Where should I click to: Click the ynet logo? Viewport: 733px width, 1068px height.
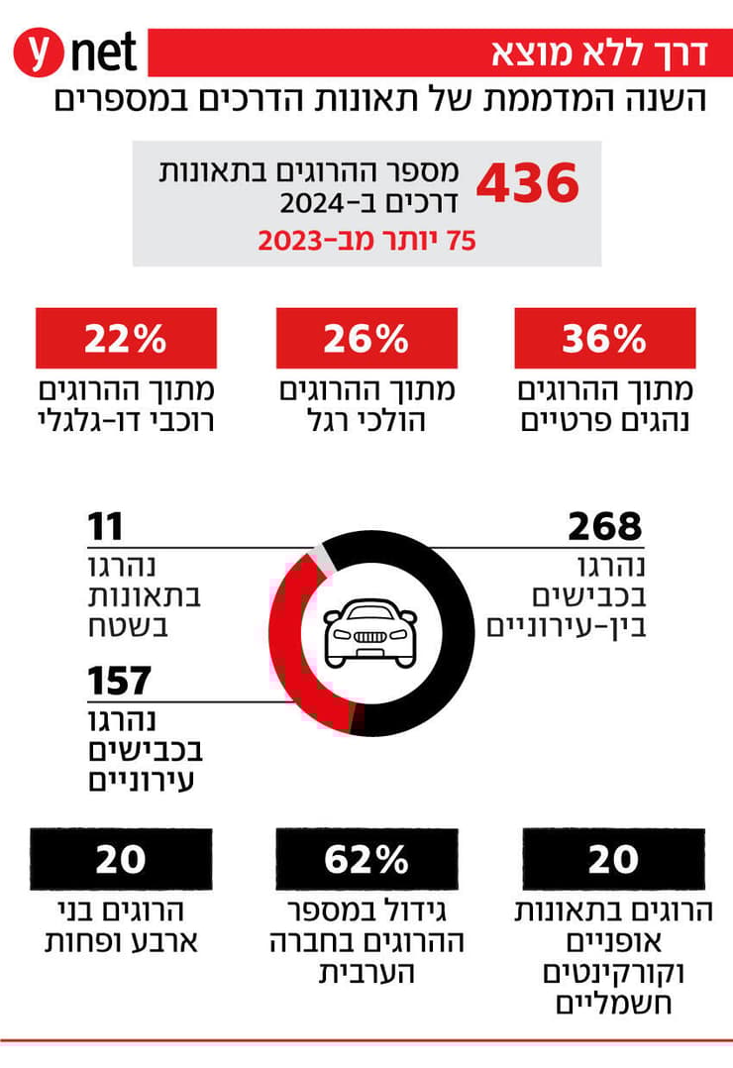pos(75,53)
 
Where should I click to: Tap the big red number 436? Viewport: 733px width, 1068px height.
pos(527,184)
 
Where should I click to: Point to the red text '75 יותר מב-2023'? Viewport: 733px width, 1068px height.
pos(366,241)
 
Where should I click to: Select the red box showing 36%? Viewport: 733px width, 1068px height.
pos(604,339)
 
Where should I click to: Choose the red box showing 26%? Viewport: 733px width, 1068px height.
pos(366,339)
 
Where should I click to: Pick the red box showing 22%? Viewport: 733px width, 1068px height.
pos(125,339)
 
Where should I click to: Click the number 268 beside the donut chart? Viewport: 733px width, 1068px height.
pos(604,527)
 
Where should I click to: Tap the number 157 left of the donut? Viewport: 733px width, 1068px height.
pos(119,682)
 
